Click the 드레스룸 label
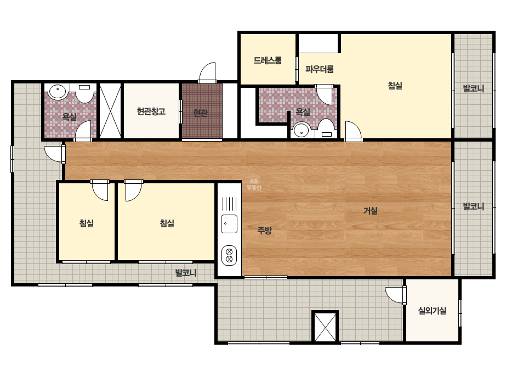coord(267,60)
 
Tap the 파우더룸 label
coord(319,69)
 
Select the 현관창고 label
coord(151,111)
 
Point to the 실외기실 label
coord(432,311)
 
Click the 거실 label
coord(371,211)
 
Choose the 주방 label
coord(264,231)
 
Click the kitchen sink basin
coord(229,223)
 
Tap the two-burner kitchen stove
coord(229,255)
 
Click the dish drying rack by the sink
coord(229,204)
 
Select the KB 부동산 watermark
coord(254,184)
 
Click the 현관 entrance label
coord(200,113)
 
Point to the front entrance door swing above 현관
coord(207,72)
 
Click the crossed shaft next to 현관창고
coord(110,111)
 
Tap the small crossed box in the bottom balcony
coord(325,327)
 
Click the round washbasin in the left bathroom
coord(58,91)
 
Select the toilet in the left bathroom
coord(84,93)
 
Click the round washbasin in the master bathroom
coord(302,131)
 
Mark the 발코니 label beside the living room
coord(474,206)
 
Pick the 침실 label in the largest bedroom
coord(395,86)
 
